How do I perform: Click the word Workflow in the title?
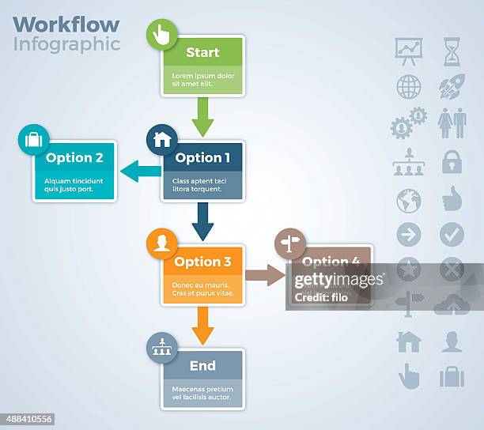pyautogui.click(x=66, y=24)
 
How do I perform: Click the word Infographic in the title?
pyautogui.click(x=66, y=43)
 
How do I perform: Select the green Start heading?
pyautogui.click(x=202, y=53)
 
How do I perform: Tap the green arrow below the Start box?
pyautogui.click(x=202, y=116)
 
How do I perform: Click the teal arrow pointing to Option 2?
pyautogui.click(x=140, y=170)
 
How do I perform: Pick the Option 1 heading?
pyautogui.click(x=202, y=157)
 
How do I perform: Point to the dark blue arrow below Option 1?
pyautogui.click(x=202, y=221)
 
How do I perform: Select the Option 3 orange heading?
pyautogui.click(x=202, y=262)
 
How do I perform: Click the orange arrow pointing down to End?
pyautogui.click(x=202, y=325)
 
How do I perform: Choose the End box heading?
pyautogui.click(x=202, y=366)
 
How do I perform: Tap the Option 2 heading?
pyautogui.click(x=74, y=157)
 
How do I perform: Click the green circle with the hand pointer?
pyautogui.click(x=162, y=35)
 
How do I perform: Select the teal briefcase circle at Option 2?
pyautogui.click(x=34, y=140)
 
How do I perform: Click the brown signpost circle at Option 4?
pyautogui.click(x=290, y=243)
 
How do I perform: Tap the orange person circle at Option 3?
pyautogui.click(x=162, y=243)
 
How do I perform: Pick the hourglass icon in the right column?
pyautogui.click(x=452, y=51)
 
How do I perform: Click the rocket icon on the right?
pyautogui.click(x=452, y=86)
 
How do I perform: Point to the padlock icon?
pyautogui.click(x=452, y=161)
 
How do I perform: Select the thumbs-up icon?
pyautogui.click(x=452, y=198)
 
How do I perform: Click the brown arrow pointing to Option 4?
pyautogui.click(x=265, y=274)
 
